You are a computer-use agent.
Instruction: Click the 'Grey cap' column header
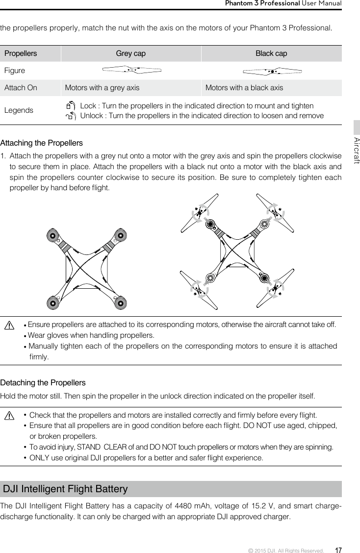(x=130, y=53)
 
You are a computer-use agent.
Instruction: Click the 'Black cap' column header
(x=271, y=53)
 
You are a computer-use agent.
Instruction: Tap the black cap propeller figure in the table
(x=271, y=71)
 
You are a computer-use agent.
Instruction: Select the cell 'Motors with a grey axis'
(x=102, y=88)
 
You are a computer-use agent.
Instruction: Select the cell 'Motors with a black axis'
(x=244, y=88)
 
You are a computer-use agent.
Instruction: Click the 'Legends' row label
(x=19, y=110)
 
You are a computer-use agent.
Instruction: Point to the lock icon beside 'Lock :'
(x=71, y=105)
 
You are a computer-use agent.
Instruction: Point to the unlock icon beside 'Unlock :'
(x=71, y=116)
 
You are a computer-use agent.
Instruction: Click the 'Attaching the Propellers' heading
(x=42, y=143)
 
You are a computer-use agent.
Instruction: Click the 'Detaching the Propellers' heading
(x=43, y=382)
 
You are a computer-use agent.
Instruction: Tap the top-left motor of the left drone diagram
(x=52, y=235)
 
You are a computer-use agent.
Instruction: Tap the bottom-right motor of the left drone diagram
(x=120, y=303)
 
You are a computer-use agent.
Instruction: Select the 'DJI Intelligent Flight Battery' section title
(x=65, y=489)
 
